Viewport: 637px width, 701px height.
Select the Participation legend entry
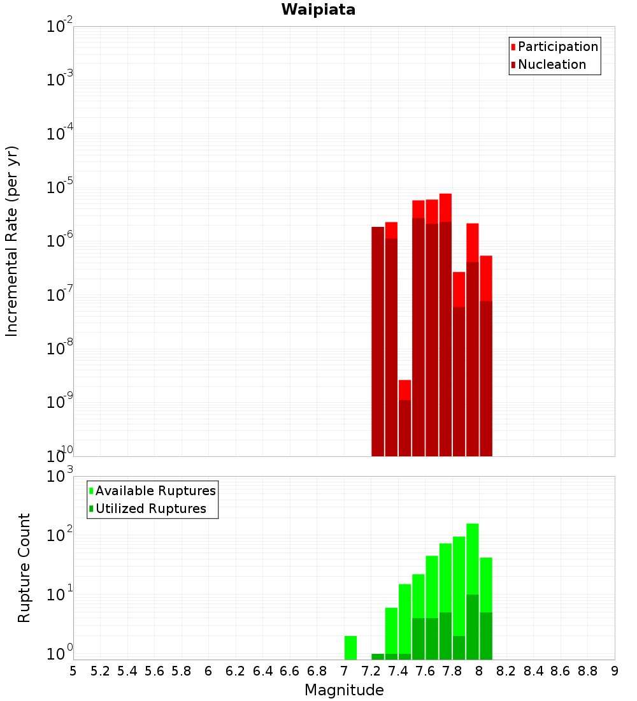tap(557, 47)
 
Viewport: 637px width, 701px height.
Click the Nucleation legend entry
tap(551, 64)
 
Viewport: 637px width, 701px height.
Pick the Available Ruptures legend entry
tap(155, 491)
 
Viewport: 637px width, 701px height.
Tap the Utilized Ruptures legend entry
tap(150, 509)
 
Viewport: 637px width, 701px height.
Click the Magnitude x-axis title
tap(344, 690)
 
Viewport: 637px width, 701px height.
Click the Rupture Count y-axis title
tap(24, 567)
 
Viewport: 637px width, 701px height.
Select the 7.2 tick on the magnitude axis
tap(371, 671)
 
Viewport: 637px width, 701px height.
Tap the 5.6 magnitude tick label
tap(154, 671)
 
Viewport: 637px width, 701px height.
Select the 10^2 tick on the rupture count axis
tap(61, 535)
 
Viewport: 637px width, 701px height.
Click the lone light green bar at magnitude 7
tap(350, 647)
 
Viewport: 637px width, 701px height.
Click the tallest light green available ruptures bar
tap(472, 554)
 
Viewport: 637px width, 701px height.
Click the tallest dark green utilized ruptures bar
tap(472, 628)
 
